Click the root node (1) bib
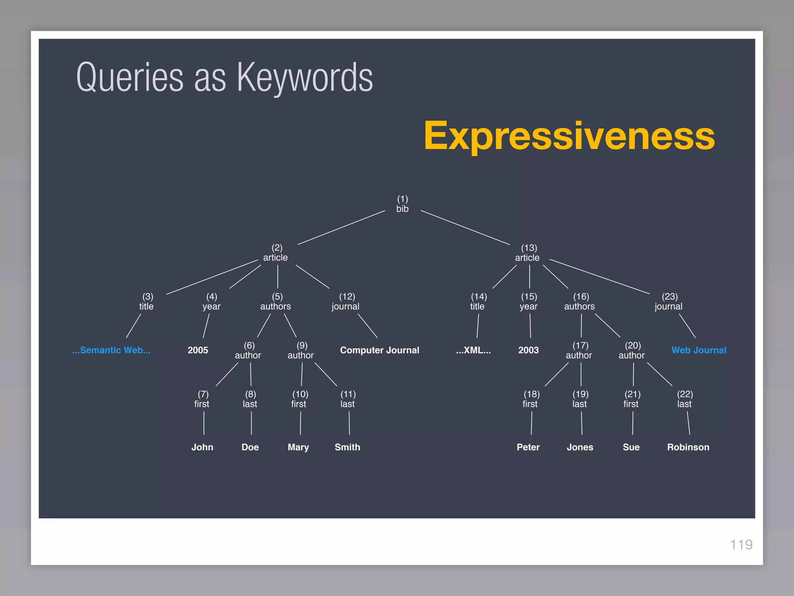click(402, 204)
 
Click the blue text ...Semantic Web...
click(112, 350)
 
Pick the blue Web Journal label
click(699, 350)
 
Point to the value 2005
click(198, 350)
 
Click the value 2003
click(528, 350)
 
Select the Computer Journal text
click(380, 350)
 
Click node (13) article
click(528, 253)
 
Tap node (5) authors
click(276, 302)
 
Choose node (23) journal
click(669, 302)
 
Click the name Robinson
click(688, 447)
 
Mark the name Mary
click(298, 447)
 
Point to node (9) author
click(301, 350)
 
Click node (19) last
click(580, 399)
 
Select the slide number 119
click(741, 545)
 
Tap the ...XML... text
click(473, 350)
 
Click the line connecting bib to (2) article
click(341, 228)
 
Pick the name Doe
click(250, 447)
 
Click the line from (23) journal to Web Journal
click(687, 326)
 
